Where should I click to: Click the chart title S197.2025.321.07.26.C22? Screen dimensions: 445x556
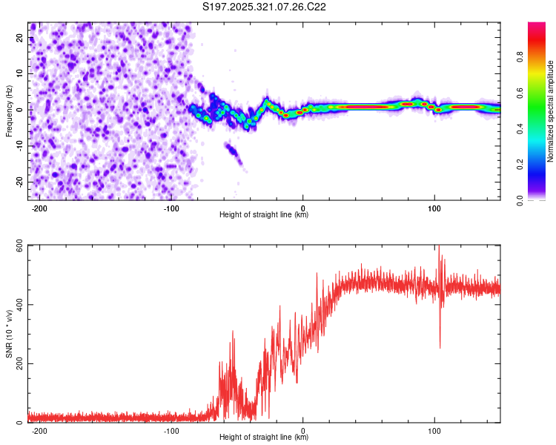point(264,7)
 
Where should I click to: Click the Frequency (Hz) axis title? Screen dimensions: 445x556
point(9,109)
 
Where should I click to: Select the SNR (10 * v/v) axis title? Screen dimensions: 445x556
point(9,334)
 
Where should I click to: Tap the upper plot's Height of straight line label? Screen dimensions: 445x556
point(264,215)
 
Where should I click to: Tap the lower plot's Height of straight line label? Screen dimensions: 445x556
point(264,438)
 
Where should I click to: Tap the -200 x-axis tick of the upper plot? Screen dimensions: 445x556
point(40,206)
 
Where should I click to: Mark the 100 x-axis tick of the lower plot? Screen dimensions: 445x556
point(434,429)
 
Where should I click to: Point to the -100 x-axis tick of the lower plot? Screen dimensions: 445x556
point(171,429)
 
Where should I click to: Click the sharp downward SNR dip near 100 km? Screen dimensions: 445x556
point(440,345)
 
